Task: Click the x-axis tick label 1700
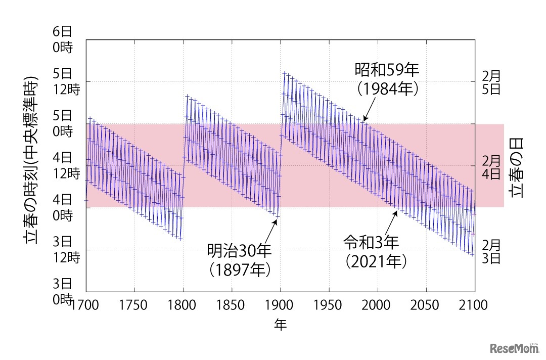[86, 305]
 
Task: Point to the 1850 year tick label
[232, 305]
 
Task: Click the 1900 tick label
[280, 305]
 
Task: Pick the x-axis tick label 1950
[329, 305]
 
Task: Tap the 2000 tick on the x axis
[378, 305]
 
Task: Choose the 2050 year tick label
[426, 305]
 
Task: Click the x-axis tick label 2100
[475, 305]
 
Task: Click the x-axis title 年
[280, 325]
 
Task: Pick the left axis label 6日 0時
[62, 39]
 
